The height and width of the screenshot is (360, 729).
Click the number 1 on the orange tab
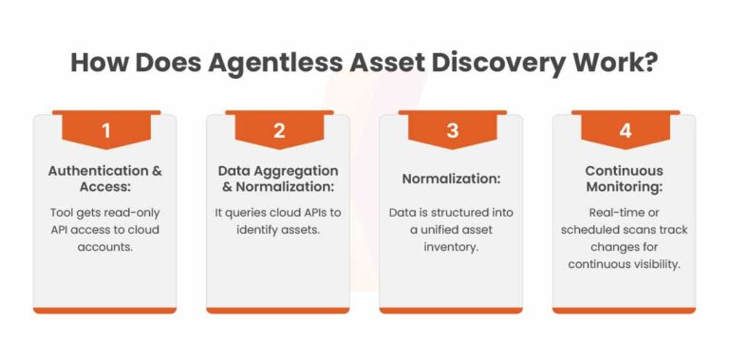[105, 132]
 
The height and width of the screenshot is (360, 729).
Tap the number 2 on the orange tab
[278, 132]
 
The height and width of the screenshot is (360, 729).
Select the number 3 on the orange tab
[451, 132]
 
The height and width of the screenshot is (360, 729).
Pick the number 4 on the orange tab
[625, 132]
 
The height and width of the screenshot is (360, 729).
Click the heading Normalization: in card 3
[451, 179]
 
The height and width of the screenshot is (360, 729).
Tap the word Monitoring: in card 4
[625, 187]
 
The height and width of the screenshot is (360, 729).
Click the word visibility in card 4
[654, 264]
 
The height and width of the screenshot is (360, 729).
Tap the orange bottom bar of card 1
[105, 310]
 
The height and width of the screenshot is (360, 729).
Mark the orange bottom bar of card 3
[451, 310]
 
